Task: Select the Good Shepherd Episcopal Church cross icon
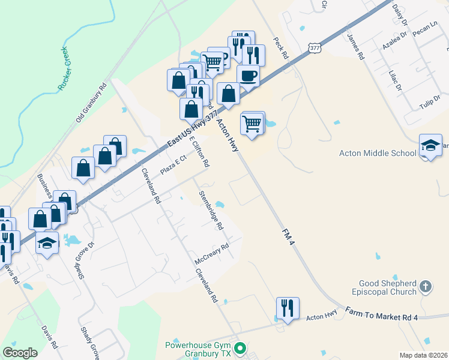click(x=425, y=287)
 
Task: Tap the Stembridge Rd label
click(x=211, y=211)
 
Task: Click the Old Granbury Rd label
click(x=91, y=103)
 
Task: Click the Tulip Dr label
click(x=430, y=102)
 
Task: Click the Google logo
click(x=20, y=353)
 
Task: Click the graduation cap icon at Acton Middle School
click(x=430, y=145)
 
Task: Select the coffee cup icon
click(x=247, y=76)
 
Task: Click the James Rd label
click(x=355, y=47)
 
